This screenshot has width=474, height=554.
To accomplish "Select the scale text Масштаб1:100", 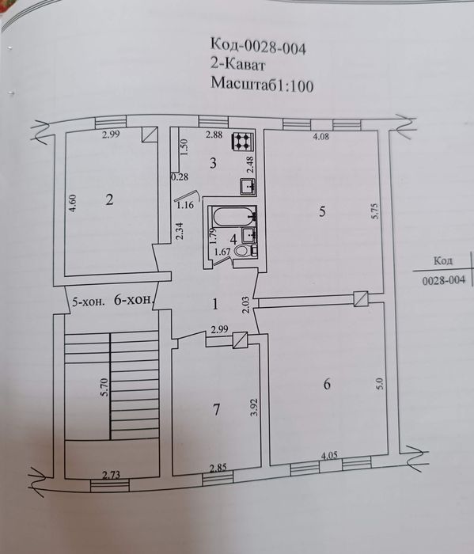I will point(262,85).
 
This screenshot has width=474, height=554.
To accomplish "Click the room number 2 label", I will point(110,199).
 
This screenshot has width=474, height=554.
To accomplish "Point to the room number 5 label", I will point(321,211).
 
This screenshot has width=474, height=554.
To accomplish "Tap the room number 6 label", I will point(327,384).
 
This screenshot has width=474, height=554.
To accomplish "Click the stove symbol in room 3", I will point(242,142).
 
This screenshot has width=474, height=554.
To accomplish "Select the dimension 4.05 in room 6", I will point(332,456).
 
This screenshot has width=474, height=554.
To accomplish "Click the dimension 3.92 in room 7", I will point(254,407).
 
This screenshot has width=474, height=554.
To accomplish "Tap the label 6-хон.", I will point(131,301).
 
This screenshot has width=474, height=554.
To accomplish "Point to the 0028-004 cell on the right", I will point(443,279).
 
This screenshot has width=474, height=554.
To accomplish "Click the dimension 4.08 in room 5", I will point(321,137).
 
